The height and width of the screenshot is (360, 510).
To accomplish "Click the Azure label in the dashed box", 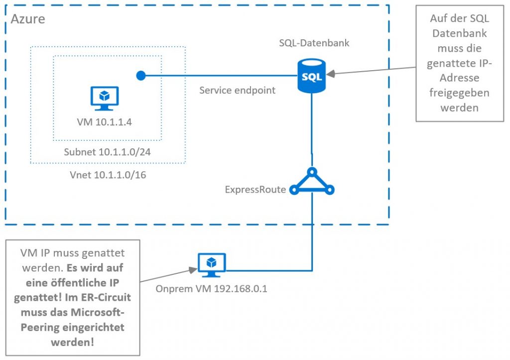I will pyautogui.click(x=28, y=19).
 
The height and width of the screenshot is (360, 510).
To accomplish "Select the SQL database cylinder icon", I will pyautogui.click(x=312, y=75).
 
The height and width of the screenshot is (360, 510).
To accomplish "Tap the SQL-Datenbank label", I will pyautogui.click(x=314, y=43).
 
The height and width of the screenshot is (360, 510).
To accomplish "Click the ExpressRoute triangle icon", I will pyautogui.click(x=312, y=182).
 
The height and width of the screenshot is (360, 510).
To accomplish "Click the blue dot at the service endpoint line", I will pyautogui.click(x=141, y=76).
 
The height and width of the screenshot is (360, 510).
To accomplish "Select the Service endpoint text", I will pyautogui.click(x=237, y=91).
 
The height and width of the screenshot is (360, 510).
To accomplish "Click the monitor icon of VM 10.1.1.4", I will pyautogui.click(x=104, y=98).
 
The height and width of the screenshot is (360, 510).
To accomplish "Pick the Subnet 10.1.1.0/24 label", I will pyautogui.click(x=108, y=152).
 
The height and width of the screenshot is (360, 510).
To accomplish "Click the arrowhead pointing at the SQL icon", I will pyautogui.click(x=330, y=75).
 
